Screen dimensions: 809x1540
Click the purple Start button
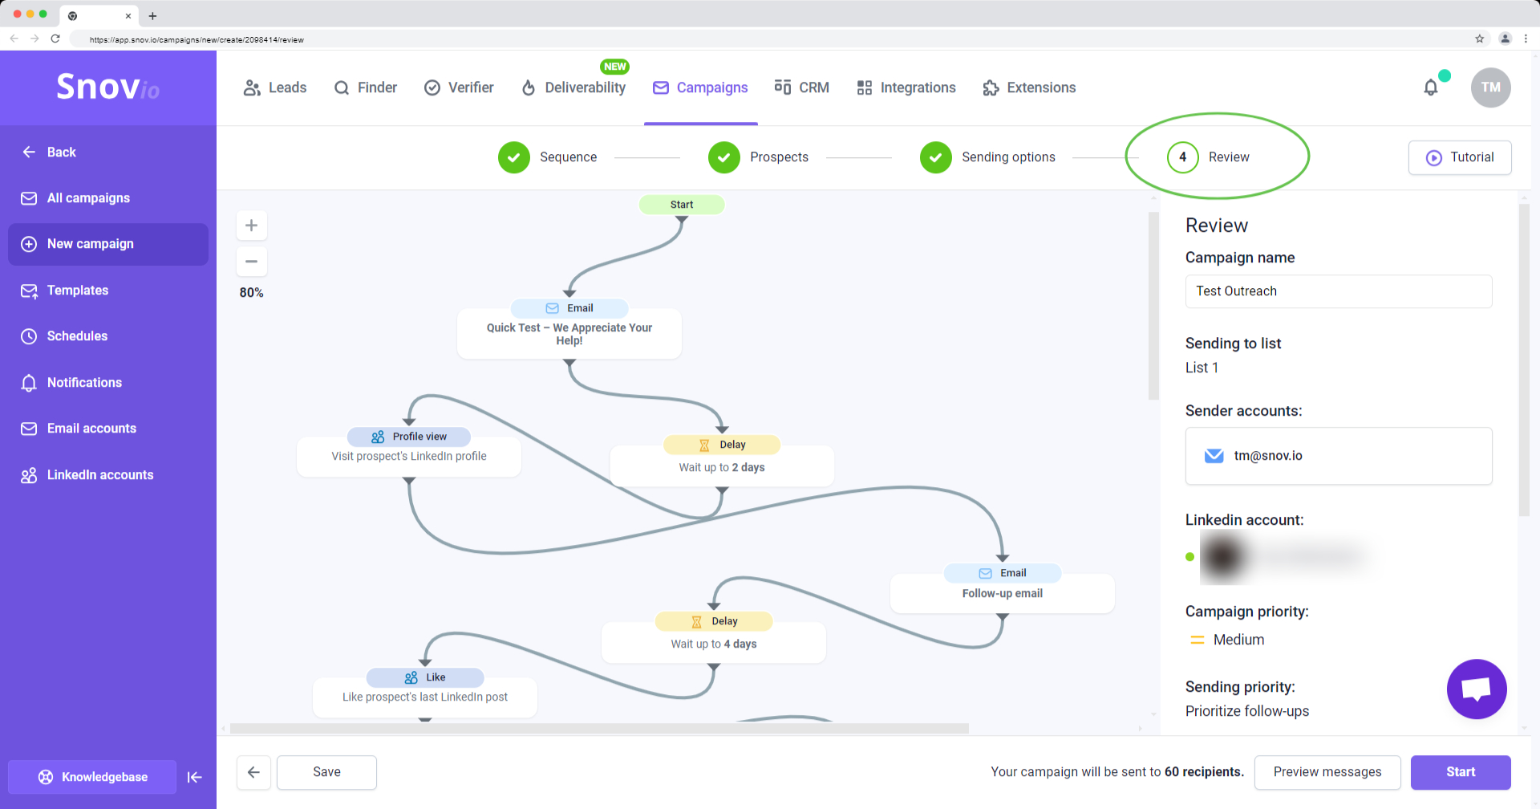[x=1460, y=772]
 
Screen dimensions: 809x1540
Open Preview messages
[x=1327, y=772]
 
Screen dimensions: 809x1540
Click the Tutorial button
[x=1460, y=157]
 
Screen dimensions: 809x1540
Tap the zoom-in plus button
[x=251, y=226]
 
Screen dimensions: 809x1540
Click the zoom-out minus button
[x=251, y=262]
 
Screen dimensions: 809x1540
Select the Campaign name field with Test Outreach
[x=1338, y=291]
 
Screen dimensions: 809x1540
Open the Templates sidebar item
[x=78, y=291]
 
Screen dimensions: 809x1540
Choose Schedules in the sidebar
[x=77, y=336]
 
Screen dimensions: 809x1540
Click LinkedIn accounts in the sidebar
[x=99, y=475]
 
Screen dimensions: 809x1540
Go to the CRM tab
[x=802, y=87]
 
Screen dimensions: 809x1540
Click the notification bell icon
[x=1431, y=87]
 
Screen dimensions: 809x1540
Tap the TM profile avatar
[x=1490, y=87]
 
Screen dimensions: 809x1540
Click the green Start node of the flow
[x=682, y=205]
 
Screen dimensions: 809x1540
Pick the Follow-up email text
[x=1002, y=594]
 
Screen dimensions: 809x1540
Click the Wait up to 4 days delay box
[x=713, y=644]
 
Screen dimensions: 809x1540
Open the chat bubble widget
[x=1476, y=689]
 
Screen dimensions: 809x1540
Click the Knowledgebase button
[x=92, y=777]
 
